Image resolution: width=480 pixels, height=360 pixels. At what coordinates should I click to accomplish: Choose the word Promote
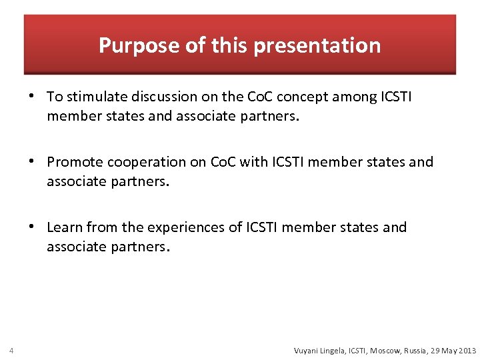point(74,162)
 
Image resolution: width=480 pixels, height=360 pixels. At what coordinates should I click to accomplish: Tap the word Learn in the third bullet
point(65,227)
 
